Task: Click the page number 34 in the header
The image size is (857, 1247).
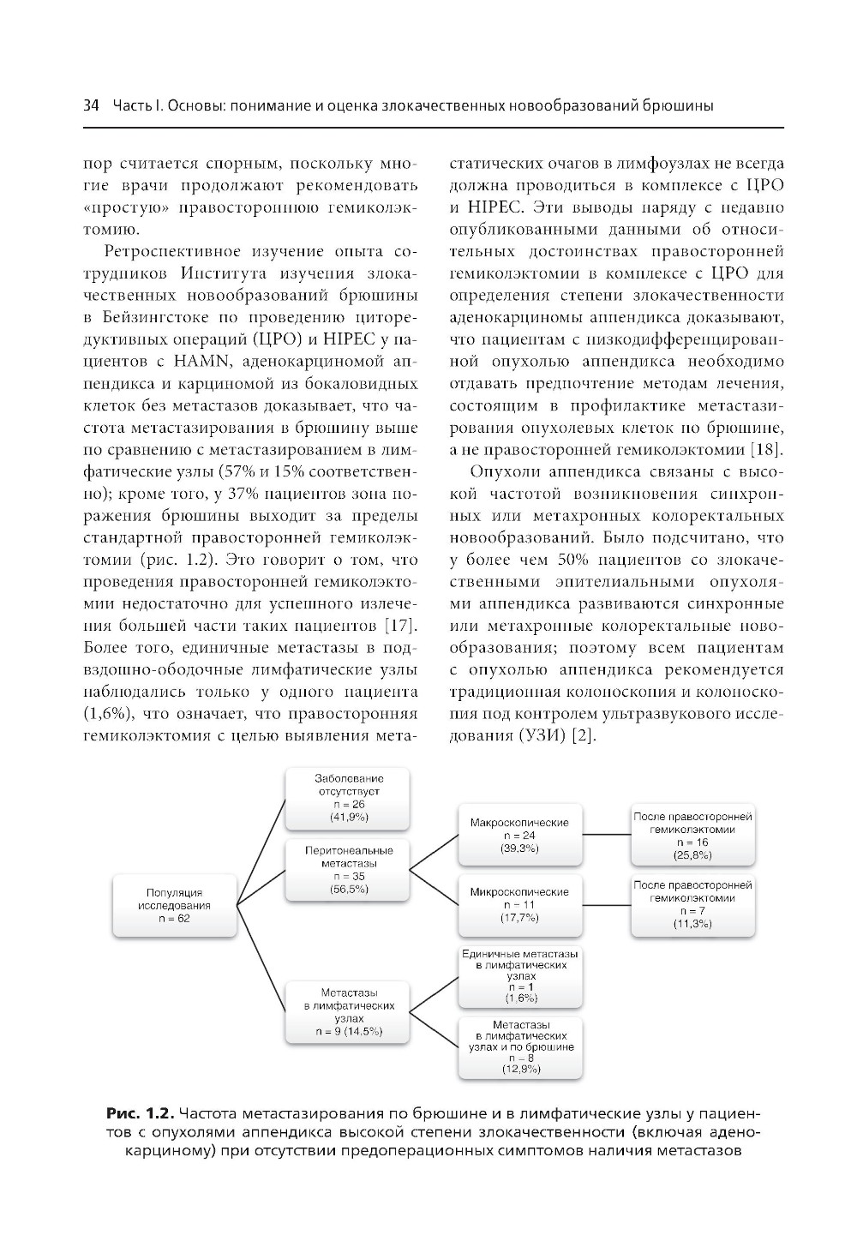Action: click(91, 106)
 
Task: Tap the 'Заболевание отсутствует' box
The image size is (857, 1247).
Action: click(347, 798)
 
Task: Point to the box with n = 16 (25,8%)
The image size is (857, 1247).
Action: click(692, 836)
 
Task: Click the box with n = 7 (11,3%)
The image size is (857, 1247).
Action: click(692, 903)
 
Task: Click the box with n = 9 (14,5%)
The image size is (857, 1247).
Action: click(347, 1011)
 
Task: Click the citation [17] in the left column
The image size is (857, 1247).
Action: click(401, 623)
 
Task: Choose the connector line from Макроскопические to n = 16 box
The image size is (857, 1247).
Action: click(607, 834)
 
